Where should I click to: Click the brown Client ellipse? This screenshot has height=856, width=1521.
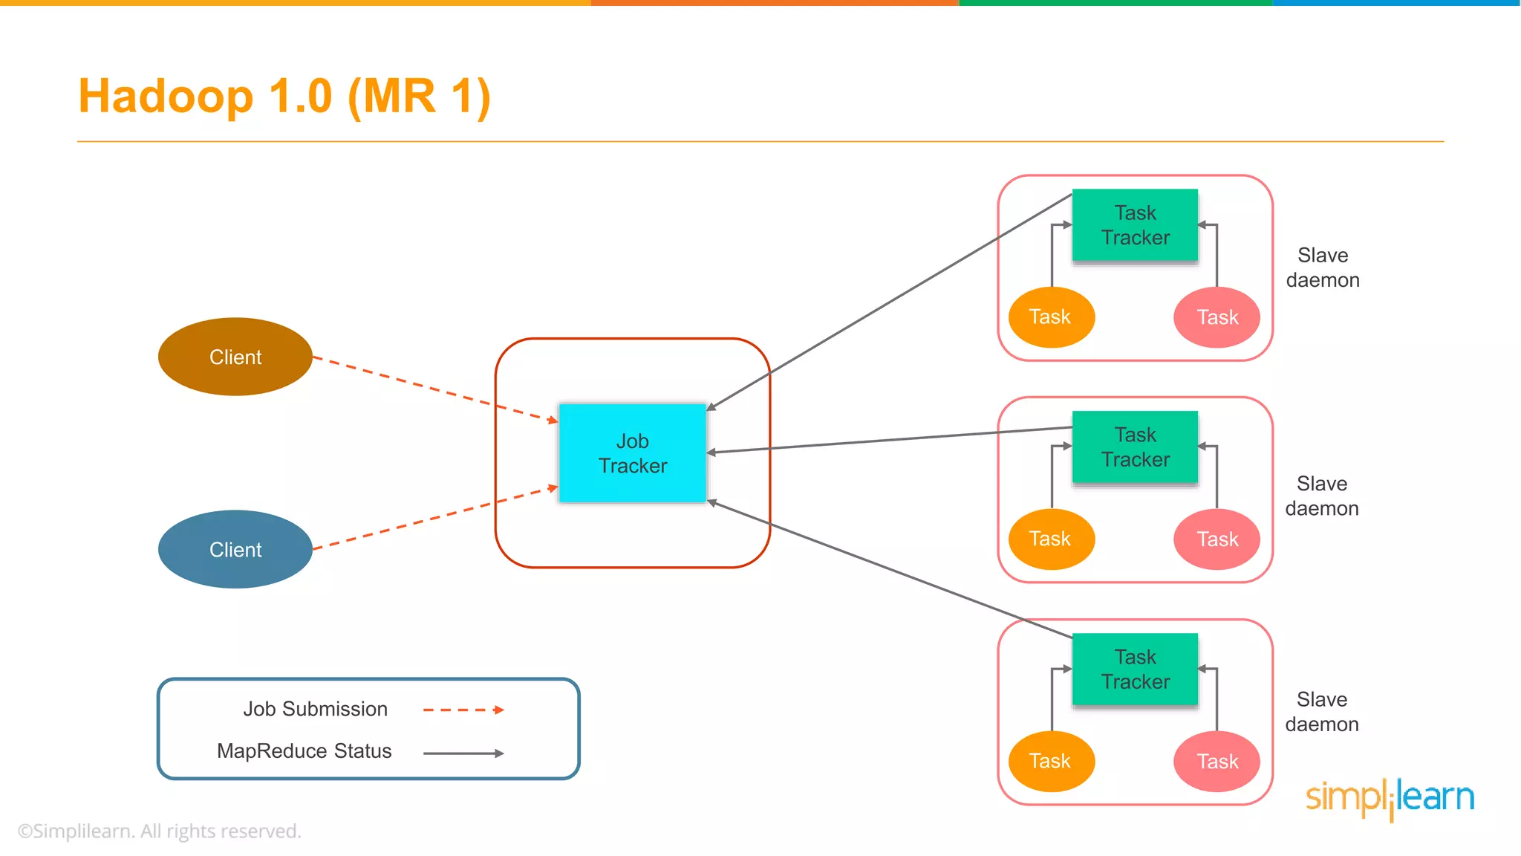click(x=235, y=357)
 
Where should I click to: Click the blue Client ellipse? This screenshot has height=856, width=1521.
click(x=235, y=549)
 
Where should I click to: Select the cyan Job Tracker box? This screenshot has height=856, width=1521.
click(x=632, y=453)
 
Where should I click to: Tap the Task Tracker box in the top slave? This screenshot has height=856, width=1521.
click(x=1135, y=225)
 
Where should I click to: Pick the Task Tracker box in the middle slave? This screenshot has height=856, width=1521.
click(x=1135, y=447)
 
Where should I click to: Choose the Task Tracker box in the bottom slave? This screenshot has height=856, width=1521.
click(x=1135, y=669)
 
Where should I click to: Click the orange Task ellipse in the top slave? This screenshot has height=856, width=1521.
click(x=1051, y=317)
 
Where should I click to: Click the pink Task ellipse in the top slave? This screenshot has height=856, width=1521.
click(x=1217, y=317)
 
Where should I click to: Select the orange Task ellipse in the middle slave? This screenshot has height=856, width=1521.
click(x=1051, y=539)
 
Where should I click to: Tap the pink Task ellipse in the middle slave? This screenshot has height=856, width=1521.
click(x=1217, y=539)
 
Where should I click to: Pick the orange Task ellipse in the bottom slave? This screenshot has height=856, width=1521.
click(x=1051, y=761)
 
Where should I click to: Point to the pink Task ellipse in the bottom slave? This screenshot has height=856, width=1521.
click(x=1217, y=761)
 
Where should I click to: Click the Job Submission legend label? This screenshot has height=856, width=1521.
click(x=315, y=709)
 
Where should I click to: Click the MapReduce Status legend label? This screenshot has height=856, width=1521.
click(x=304, y=751)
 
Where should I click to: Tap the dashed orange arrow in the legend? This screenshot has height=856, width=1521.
click(x=463, y=710)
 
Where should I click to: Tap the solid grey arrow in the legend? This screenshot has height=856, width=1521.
click(x=463, y=753)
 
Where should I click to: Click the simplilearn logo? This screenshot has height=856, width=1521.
click(x=1390, y=798)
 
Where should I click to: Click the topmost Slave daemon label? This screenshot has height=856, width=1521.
click(x=1323, y=267)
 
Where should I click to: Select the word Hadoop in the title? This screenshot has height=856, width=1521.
click(x=166, y=97)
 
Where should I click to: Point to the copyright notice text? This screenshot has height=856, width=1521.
click(x=159, y=831)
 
